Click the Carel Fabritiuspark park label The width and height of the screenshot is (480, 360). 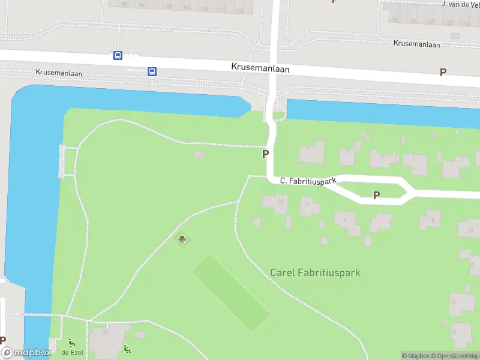[x=315, y=272]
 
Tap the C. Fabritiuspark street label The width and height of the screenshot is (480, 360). [x=308, y=180]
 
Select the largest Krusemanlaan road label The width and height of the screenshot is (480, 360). [x=260, y=68]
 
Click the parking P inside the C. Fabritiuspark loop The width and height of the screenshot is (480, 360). [x=377, y=195]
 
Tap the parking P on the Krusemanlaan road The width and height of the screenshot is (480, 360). [x=443, y=72]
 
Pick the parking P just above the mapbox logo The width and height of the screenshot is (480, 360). [x=3, y=340]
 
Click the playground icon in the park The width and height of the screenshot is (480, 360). [x=182, y=241]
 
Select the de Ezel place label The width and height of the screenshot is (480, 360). [x=72, y=352]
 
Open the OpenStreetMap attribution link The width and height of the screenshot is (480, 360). [x=457, y=356]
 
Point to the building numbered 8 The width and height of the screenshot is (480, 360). [x=430, y=220]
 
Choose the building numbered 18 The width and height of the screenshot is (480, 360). [x=461, y=333]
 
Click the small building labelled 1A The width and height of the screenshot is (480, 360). [x=199, y=155]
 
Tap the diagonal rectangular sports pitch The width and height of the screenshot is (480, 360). [x=230, y=292]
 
